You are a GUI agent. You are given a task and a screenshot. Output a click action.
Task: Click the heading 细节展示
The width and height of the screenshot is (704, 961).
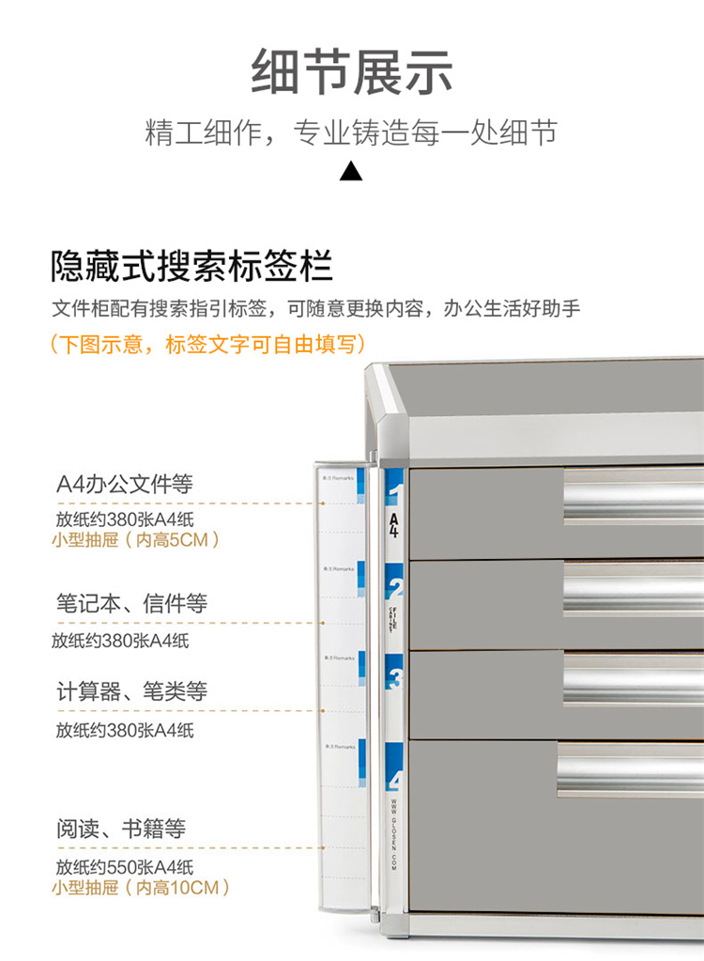[x=352, y=73]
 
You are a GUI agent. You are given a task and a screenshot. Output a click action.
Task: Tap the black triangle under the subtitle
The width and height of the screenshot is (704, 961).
[x=350, y=171]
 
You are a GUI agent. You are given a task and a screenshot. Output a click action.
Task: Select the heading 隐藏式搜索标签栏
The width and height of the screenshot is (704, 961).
[x=191, y=267]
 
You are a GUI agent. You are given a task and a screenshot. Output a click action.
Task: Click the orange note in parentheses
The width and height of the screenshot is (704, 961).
[x=207, y=345]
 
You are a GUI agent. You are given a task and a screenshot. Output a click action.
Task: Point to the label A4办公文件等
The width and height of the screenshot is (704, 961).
[x=125, y=485]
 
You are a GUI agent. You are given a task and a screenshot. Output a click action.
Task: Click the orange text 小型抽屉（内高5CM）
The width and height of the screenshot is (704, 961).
[x=137, y=540]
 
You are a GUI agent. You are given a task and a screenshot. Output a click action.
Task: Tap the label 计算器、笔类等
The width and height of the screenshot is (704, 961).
[x=131, y=692]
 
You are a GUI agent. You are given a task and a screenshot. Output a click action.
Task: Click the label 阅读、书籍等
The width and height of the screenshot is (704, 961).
[x=120, y=829]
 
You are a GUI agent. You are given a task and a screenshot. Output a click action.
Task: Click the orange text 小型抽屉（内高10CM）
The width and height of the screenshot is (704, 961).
[x=141, y=887]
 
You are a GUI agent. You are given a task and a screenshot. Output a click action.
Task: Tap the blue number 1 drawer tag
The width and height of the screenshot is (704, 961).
[x=394, y=493]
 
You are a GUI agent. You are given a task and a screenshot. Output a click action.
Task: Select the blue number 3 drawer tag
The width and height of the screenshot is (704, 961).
[x=394, y=677]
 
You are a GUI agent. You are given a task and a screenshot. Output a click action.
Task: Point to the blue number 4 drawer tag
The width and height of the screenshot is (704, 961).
[x=394, y=779]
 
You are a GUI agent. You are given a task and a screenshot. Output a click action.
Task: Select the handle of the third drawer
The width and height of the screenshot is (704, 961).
[x=634, y=679]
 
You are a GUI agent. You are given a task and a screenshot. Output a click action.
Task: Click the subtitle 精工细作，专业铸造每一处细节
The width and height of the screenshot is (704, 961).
[x=351, y=132]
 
